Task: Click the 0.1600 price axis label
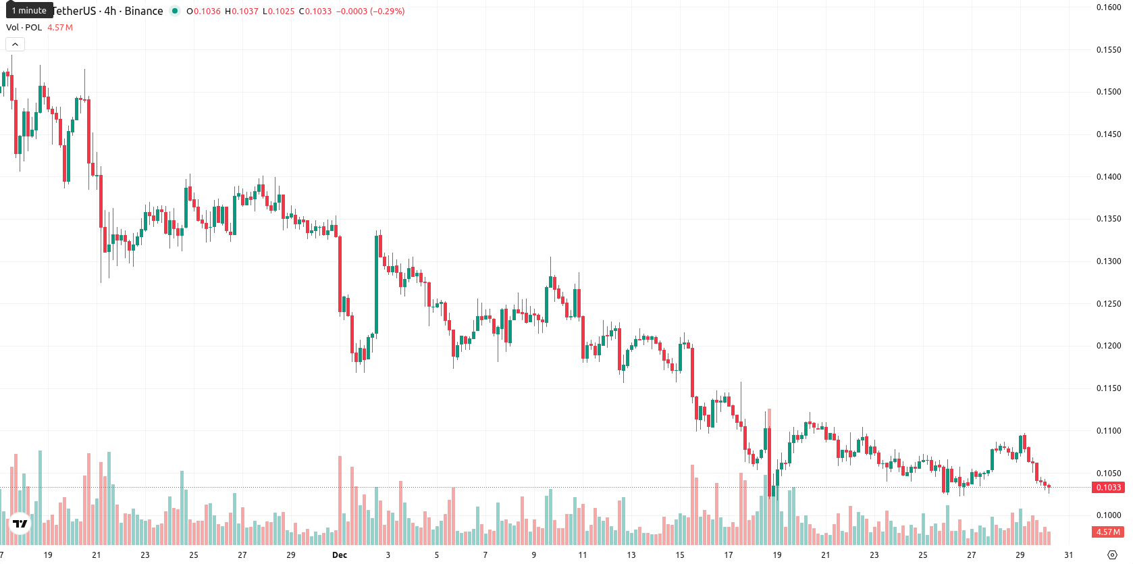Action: coord(1108,7)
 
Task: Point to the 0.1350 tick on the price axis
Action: coord(1108,219)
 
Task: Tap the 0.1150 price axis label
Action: coord(1108,388)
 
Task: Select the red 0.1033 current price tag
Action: coord(1108,488)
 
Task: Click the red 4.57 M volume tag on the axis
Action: coord(1108,532)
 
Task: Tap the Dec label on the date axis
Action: coord(340,555)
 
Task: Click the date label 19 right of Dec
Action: coord(777,555)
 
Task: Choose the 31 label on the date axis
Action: coord(1068,555)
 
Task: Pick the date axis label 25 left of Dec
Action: coord(194,555)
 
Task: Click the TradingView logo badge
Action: coord(20,523)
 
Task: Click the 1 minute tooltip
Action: coord(29,10)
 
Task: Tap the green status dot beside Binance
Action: coord(174,11)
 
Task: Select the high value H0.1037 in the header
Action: coord(241,11)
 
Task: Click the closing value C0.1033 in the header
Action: coord(315,11)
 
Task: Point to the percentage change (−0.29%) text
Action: coord(388,11)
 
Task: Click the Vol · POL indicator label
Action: coord(24,27)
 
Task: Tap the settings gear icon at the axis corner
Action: coord(1112,555)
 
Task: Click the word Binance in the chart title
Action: coord(144,11)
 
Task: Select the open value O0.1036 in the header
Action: coord(203,11)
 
